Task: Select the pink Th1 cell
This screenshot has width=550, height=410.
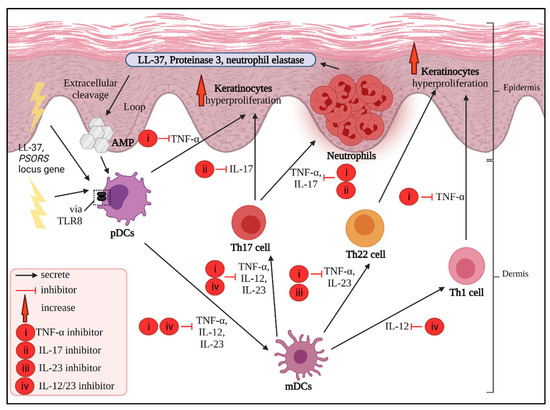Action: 467,270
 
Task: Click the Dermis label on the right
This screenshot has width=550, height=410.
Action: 519,276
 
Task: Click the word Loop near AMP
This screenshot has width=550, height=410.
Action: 146,106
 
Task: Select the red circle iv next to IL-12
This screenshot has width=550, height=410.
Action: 435,325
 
